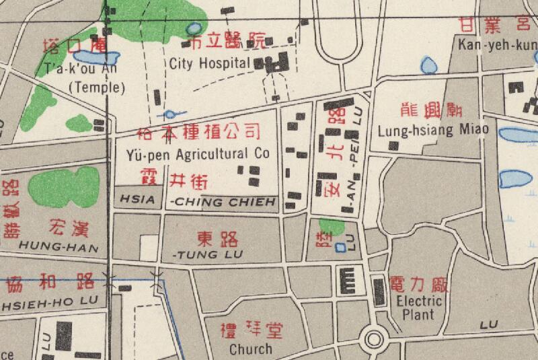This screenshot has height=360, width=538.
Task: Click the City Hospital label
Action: pos(210,64)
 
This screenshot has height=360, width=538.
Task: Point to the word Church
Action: pos(251,349)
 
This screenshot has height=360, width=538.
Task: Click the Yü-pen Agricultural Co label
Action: pos(198,154)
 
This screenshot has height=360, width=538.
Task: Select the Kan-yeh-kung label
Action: pos(496,45)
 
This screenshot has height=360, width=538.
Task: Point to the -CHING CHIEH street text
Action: pos(224,201)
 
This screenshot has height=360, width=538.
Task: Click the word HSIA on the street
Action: pos(135,199)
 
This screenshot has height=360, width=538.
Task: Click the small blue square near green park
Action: pos(340,248)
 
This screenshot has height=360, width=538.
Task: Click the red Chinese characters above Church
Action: pos(252,330)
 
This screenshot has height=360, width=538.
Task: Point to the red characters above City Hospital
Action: pos(227,42)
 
